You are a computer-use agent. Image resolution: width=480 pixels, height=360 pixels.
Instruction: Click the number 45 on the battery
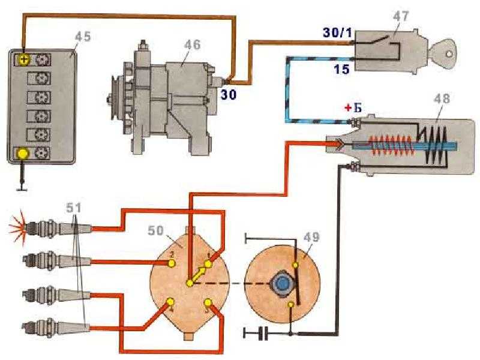[83, 38]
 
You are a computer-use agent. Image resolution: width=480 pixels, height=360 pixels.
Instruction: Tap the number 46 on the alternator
[193, 45]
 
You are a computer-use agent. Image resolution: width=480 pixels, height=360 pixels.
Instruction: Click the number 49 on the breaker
[312, 238]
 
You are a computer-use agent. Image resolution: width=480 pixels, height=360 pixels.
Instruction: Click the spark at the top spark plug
[16, 228]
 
